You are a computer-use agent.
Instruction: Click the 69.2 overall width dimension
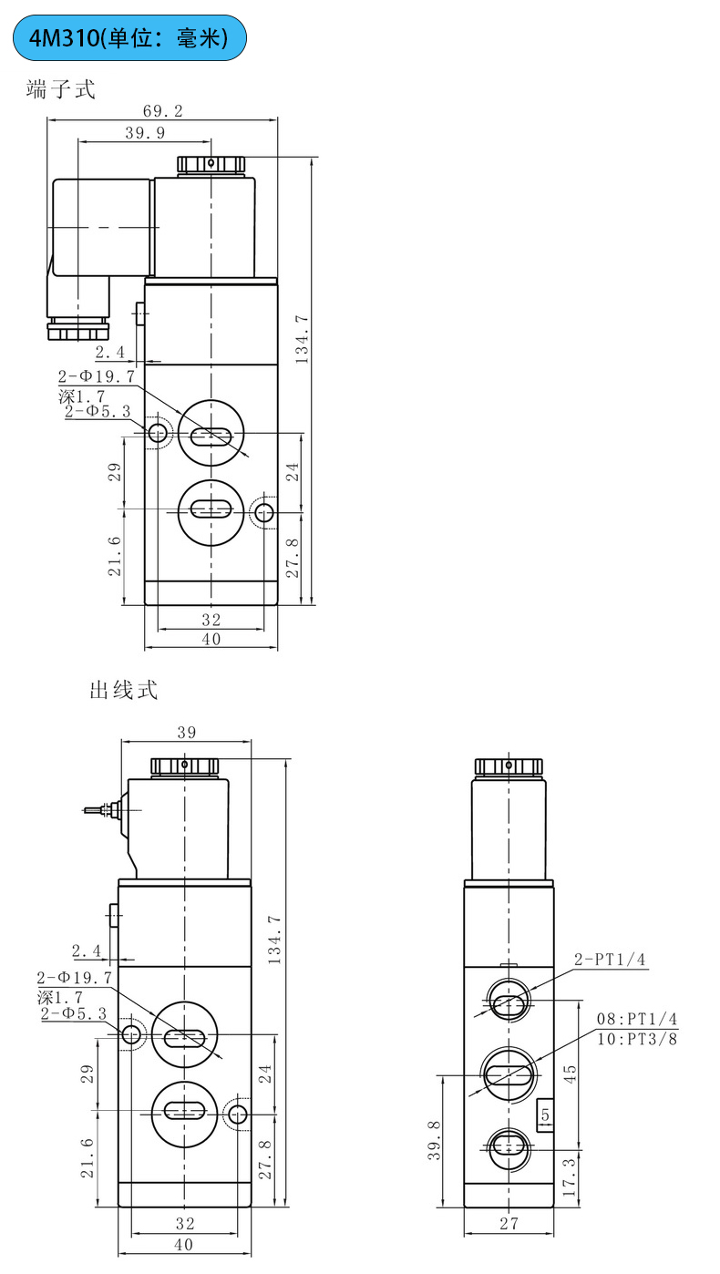(x=163, y=111)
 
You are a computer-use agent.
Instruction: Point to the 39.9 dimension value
(x=145, y=133)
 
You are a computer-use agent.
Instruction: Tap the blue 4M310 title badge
(x=129, y=38)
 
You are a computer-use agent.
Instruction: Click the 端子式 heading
(x=60, y=89)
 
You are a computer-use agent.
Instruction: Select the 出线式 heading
(x=123, y=690)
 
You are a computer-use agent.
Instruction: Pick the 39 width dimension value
(x=187, y=733)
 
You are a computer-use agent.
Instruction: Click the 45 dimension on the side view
(x=570, y=1074)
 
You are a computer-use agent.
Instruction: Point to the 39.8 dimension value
(x=435, y=1140)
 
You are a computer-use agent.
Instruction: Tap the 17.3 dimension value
(x=570, y=1177)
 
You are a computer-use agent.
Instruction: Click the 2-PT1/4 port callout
(x=610, y=960)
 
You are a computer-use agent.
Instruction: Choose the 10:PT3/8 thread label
(x=637, y=1039)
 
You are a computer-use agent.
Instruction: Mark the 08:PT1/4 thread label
(x=637, y=1019)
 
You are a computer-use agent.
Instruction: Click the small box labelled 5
(x=545, y=1115)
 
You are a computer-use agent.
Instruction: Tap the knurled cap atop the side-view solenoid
(x=509, y=767)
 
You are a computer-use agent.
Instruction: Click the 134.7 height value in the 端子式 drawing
(x=302, y=340)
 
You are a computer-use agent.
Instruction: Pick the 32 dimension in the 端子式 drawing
(x=211, y=620)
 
